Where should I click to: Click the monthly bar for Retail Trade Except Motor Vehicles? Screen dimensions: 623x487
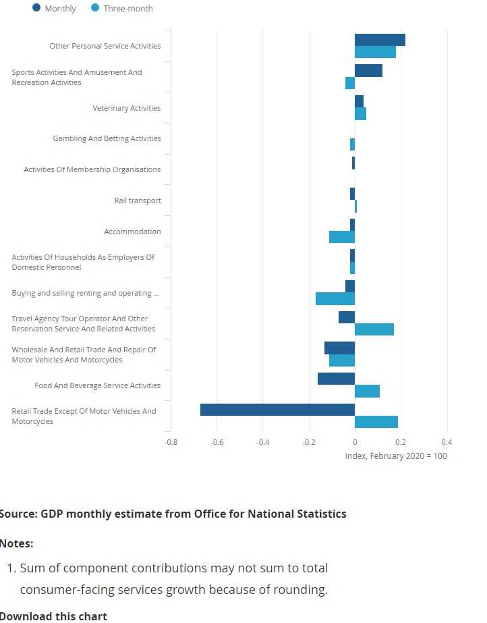coord(277,410)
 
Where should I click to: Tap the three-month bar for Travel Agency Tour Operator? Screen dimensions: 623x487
coord(374,329)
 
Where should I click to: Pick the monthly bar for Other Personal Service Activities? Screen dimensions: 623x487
coord(380,40)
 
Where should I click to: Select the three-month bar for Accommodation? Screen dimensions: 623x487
coord(342,237)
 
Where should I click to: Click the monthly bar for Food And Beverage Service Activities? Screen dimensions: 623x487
coord(336,379)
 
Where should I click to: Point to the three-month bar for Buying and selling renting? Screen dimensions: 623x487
coord(335,298)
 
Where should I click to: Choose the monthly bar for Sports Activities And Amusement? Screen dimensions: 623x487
coord(368,71)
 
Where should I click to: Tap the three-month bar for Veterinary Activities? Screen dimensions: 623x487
coord(360,114)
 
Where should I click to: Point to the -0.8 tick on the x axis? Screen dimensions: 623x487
coord(171,442)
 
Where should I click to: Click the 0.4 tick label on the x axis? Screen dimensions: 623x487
coord(446,442)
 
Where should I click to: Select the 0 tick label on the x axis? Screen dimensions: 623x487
coord(355,442)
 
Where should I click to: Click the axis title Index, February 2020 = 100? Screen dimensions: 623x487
coord(395,456)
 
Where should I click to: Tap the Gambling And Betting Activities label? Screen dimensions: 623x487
coord(107,138)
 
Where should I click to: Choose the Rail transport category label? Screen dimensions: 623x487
coord(138,200)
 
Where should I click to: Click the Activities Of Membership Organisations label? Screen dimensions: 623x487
coord(92,169)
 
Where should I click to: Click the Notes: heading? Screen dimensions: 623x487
coord(16,543)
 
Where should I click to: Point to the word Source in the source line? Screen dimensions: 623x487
coord(18,514)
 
